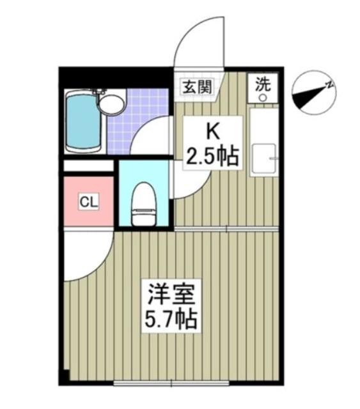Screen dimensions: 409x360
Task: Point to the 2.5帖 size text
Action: pos(212,155)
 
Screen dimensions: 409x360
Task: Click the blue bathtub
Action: pos(84,121)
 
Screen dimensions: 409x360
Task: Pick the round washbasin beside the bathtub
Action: pos(114,103)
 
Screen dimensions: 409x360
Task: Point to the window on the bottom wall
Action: pos(173,383)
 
